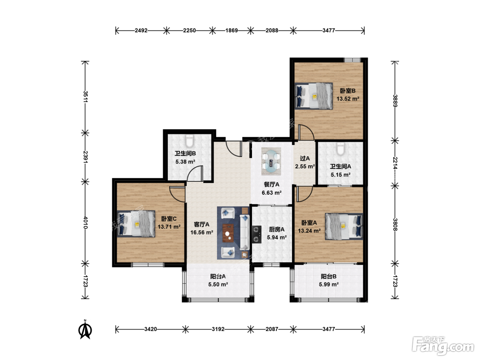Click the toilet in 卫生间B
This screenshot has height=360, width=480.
tap(189, 141)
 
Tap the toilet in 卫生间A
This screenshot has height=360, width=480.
tap(340, 149)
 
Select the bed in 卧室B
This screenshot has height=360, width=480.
tap(313, 96)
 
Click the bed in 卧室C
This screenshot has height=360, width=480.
tap(136, 224)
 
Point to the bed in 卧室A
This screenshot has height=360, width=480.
tap(344, 226)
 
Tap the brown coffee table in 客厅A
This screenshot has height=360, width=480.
tap(228, 233)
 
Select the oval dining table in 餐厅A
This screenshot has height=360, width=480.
tap(271, 161)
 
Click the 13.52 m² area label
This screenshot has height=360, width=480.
tap(348, 99)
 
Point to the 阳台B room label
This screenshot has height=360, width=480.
tap(328, 276)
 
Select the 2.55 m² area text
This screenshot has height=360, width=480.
tap(305, 167)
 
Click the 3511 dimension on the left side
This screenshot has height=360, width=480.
tap(85, 97)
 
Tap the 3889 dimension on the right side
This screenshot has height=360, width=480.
tap(395, 100)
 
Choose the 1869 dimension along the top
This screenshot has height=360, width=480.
tap(231, 31)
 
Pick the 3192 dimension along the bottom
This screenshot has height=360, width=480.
tap(218, 329)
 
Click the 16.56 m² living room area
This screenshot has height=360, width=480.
tap(202, 232)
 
